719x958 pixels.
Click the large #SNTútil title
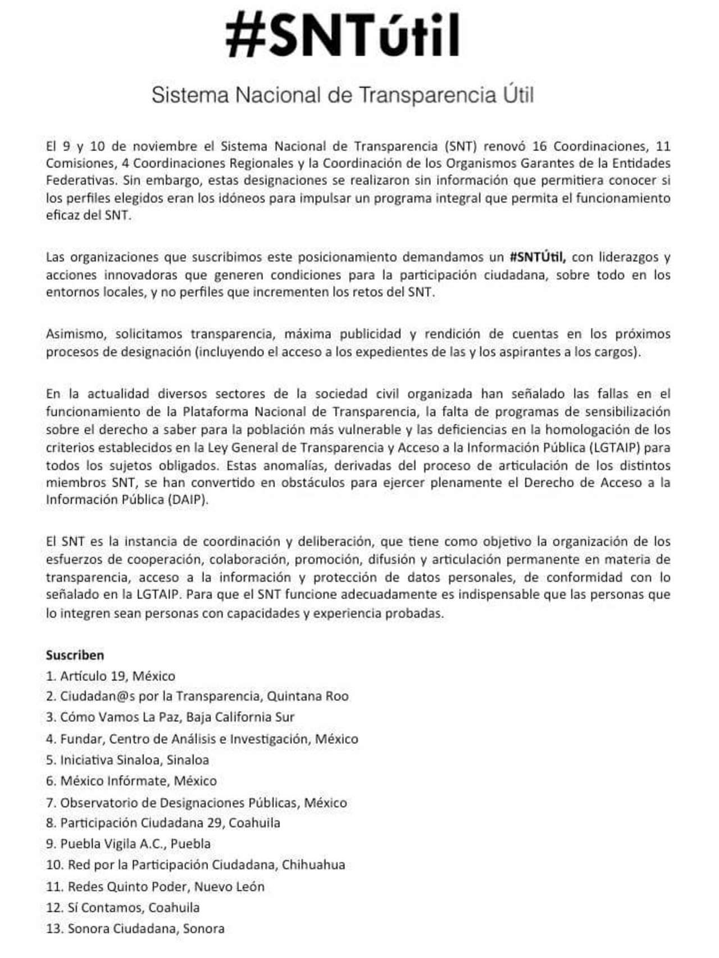[343, 35]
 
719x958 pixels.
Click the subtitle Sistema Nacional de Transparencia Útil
[343, 95]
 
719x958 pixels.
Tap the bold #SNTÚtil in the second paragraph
[537, 257]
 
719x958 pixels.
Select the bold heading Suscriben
[75, 655]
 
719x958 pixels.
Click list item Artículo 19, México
[111, 676]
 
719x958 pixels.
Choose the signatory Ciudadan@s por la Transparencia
[197, 696]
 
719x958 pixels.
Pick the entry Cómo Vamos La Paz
[170, 717]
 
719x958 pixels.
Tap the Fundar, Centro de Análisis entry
[202, 739]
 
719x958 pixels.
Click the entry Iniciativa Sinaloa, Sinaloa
[128, 760]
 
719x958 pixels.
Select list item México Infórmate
[131, 781]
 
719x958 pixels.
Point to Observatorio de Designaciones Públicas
[197, 803]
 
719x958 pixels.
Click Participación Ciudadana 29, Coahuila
[163, 823]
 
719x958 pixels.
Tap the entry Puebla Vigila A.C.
[129, 844]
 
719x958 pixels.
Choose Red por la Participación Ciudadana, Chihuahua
[195, 865]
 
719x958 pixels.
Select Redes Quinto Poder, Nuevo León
[155, 887]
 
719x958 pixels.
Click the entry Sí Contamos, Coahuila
[123, 907]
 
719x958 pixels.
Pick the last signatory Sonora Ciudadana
[135, 929]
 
